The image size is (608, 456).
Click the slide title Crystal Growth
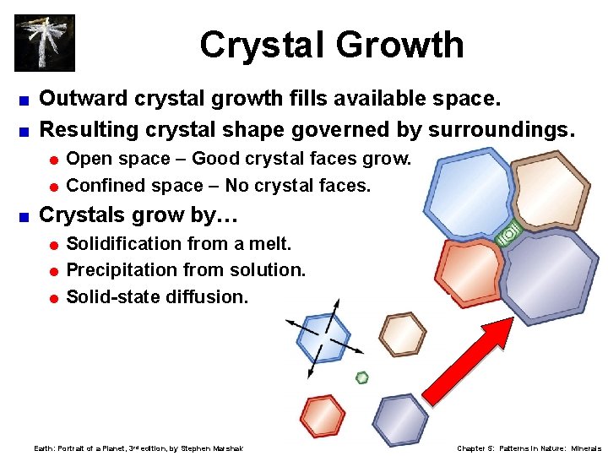pyautogui.click(x=331, y=45)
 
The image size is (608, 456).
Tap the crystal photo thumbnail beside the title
pyautogui.click(x=45, y=42)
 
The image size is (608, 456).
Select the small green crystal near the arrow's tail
pyautogui.click(x=361, y=377)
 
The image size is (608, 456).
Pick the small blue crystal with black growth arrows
pyautogui.click(x=323, y=336)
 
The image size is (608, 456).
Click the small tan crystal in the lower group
pyautogui.click(x=402, y=334)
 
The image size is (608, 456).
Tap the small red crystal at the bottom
pyautogui.click(x=323, y=415)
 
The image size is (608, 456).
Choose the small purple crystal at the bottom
pyautogui.click(x=400, y=419)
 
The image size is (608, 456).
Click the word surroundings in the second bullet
pyautogui.click(x=502, y=129)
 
